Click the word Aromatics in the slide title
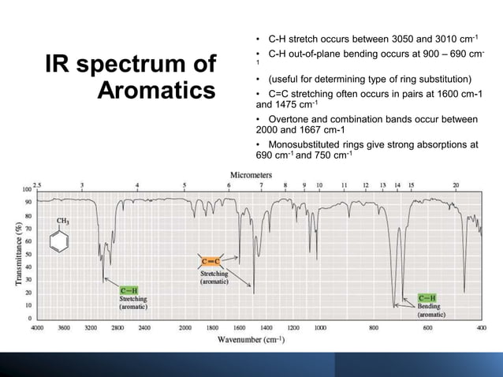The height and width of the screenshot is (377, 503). pyautogui.click(x=155, y=89)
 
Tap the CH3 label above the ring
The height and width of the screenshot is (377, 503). pyautogui.click(x=61, y=222)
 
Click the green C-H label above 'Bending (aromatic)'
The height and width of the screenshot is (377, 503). pyautogui.click(x=430, y=297)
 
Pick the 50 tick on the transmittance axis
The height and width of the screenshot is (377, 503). pyautogui.click(x=26, y=254)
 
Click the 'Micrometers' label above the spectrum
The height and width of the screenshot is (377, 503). pyautogui.click(x=251, y=174)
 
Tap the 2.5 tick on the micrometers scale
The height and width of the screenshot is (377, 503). pyautogui.click(x=36, y=184)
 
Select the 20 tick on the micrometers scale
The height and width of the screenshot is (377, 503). pyautogui.click(x=456, y=184)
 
